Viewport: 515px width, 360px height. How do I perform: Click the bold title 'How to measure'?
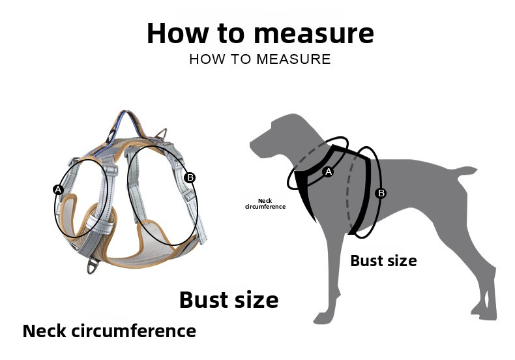[260, 33]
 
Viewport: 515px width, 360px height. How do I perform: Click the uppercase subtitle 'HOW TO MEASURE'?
[260, 59]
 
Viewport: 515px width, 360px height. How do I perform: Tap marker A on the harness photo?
[58, 190]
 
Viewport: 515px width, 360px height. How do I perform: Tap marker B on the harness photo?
[190, 177]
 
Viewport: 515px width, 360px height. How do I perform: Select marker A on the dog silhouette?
[328, 172]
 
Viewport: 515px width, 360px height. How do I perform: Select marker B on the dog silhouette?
[381, 193]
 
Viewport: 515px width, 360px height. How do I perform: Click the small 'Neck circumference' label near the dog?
[265, 203]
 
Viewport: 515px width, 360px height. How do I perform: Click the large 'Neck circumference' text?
[110, 331]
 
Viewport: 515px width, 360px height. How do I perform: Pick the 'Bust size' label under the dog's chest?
[383, 261]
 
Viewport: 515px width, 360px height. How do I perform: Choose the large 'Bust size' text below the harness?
[229, 299]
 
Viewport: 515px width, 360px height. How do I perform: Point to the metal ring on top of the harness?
[162, 134]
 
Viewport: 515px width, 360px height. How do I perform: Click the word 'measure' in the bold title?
[314, 34]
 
